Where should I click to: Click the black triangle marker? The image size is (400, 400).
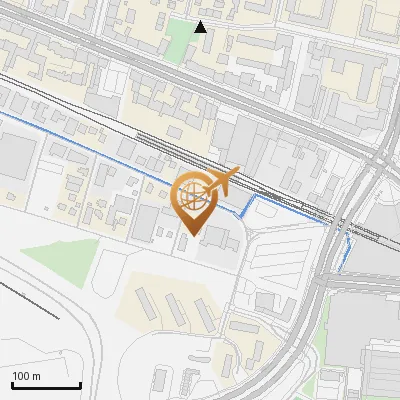click(x=201, y=26)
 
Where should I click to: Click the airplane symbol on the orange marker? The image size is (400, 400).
click(x=222, y=181)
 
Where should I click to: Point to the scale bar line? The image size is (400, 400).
click(x=46, y=386)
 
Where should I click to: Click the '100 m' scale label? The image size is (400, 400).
click(x=25, y=376)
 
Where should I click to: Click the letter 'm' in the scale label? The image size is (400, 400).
click(x=35, y=376)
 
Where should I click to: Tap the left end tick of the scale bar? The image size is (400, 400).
click(x=12, y=384)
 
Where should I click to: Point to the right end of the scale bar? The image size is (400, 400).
click(x=80, y=384)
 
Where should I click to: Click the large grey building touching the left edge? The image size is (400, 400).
click(x=15, y=160)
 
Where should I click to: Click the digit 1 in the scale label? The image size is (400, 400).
click(x=15, y=376)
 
